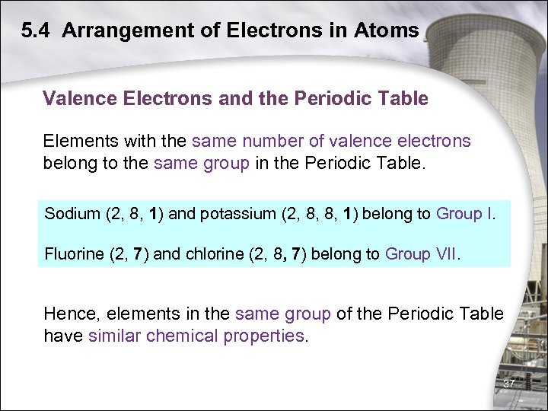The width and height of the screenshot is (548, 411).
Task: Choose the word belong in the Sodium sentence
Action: (387, 213)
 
